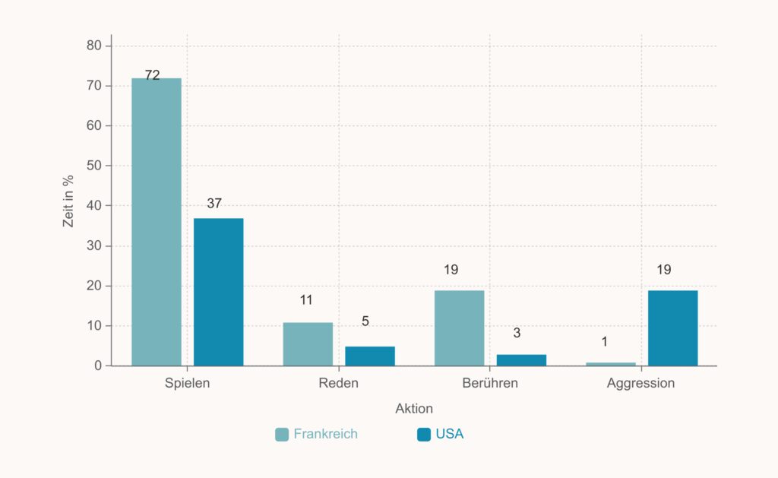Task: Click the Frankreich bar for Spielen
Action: tap(157, 222)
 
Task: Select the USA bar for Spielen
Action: tap(218, 292)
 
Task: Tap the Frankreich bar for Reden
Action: tap(308, 344)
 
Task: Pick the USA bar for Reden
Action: tap(370, 356)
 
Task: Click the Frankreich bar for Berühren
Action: tap(459, 328)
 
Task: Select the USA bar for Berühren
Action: tap(521, 359)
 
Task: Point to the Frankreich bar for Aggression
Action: tap(611, 364)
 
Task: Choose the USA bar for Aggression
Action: tap(672, 328)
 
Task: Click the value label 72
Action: tap(152, 74)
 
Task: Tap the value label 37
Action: tap(214, 203)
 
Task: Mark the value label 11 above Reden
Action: tap(306, 299)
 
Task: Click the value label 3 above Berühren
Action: tap(517, 333)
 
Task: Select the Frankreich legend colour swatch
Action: tap(282, 435)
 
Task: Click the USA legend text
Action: tap(449, 435)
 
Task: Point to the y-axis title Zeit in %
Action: tap(68, 201)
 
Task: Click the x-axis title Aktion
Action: tap(414, 409)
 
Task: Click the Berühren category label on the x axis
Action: tap(490, 383)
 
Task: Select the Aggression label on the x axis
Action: tap(640, 383)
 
